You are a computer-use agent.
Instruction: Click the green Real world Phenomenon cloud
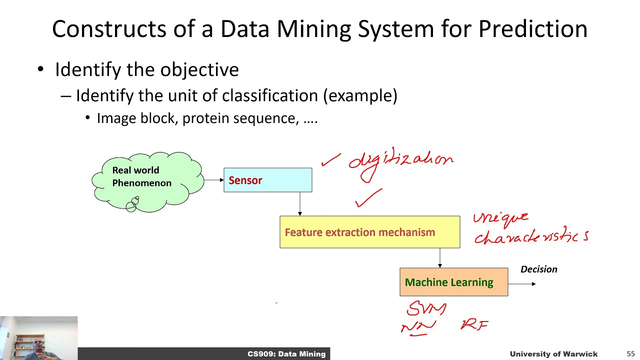[x=147, y=181]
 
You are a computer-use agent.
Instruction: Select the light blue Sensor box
[x=267, y=180]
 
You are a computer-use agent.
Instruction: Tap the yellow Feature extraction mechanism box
[x=369, y=232]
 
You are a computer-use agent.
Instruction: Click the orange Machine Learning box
[x=453, y=282]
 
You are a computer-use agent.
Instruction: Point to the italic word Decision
[x=538, y=269]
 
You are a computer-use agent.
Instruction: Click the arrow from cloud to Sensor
[x=213, y=180]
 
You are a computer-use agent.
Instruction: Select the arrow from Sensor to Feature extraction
[x=299, y=204]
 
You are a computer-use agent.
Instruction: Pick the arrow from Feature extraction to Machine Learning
[x=439, y=258]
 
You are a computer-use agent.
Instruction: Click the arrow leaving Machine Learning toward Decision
[x=522, y=283]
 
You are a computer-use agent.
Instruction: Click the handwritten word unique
[x=500, y=218]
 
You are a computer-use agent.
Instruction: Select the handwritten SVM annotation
[x=426, y=308]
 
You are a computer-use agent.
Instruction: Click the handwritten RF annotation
[x=473, y=325]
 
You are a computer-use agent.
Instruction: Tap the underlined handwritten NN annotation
[x=418, y=327]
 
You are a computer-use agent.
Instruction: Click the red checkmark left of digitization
[x=330, y=160]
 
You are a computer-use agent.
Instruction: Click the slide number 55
[x=630, y=354]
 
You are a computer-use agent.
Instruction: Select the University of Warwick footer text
[x=553, y=354]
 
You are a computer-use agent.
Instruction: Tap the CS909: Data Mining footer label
[x=286, y=354]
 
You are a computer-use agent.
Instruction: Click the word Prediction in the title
[x=532, y=29]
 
